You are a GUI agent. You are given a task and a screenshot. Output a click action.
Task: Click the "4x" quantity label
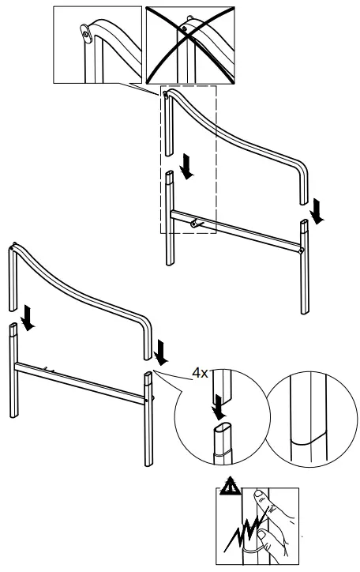pos(200,373)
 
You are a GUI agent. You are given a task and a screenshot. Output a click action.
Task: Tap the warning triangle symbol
pos(230,487)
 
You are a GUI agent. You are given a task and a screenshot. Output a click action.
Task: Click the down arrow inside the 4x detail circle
pos(218,407)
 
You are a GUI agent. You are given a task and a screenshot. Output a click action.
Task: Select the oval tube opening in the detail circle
pos(223,427)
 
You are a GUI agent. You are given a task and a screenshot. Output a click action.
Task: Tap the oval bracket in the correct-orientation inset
pos(85,33)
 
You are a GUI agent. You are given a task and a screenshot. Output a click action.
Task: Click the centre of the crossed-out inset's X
pos(189,44)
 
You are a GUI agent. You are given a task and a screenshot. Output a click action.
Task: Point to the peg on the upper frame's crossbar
pos(197,223)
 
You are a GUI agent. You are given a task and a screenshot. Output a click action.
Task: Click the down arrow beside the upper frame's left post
pos(187,167)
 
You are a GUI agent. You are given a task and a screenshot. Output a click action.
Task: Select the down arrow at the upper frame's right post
pos(317,211)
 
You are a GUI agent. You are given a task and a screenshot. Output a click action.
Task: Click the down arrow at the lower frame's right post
pos(160,352)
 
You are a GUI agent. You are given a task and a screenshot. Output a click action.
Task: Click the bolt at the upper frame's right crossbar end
pos(301,250)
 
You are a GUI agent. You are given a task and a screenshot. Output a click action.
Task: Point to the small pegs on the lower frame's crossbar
pos(49,370)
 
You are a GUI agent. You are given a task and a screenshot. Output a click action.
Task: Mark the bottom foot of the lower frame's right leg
pos(148,464)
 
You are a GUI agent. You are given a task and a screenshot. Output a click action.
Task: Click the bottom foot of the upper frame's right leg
pos(305,311)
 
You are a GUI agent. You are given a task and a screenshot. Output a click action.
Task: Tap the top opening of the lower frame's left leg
pos(13,325)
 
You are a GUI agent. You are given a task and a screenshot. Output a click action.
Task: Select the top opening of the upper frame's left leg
pos(171,172)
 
